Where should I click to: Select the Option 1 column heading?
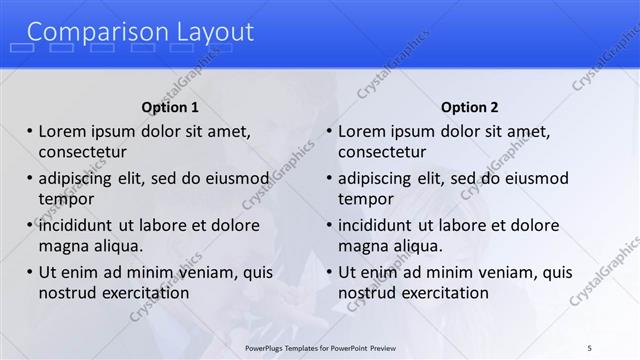tap(170, 107)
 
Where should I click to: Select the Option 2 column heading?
tap(469, 107)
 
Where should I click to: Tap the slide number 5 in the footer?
tap(589, 346)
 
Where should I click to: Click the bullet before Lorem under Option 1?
tap(30, 131)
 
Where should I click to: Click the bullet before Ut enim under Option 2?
tap(329, 272)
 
